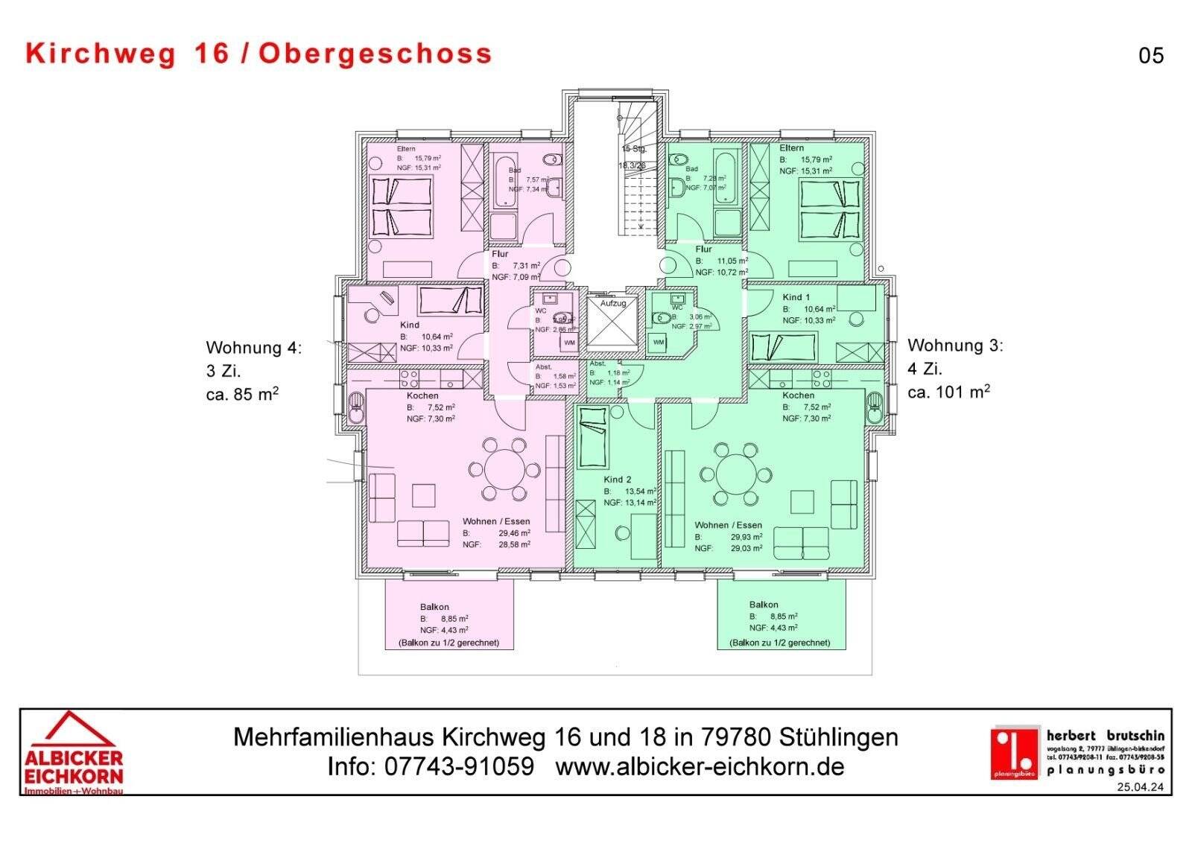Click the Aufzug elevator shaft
[x=612, y=326]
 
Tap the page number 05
[x=1150, y=56]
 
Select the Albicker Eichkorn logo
[x=73, y=752]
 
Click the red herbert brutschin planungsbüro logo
[x=1014, y=752]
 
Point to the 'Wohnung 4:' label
[x=254, y=348]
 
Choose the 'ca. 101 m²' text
[x=948, y=392]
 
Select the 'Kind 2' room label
[x=618, y=480]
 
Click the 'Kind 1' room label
[x=796, y=297]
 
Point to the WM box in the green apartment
[x=659, y=342]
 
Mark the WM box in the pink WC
[x=569, y=343]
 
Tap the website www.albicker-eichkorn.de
[x=700, y=766]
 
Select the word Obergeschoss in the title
[x=375, y=54]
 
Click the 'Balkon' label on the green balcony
[x=764, y=605]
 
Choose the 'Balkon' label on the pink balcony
[x=434, y=607]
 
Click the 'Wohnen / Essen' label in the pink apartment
[x=495, y=521]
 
